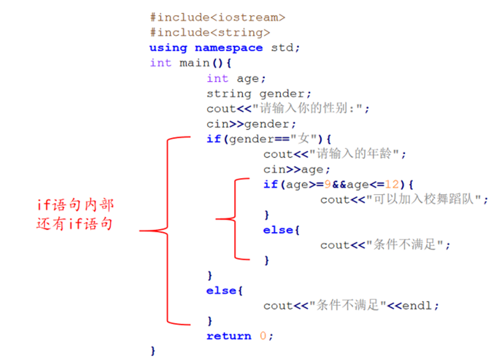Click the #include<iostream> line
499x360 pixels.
217,18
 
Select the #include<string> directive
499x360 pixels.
210,33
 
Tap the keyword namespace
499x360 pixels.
228,48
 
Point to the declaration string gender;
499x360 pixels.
259,94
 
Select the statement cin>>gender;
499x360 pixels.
251,124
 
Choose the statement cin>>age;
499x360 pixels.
297,169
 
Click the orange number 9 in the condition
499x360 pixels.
327,185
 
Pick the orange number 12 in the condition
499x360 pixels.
392,185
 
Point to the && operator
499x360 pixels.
339,185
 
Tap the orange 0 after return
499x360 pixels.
263,336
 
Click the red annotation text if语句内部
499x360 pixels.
76,205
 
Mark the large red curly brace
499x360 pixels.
167,231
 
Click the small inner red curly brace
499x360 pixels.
235,219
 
